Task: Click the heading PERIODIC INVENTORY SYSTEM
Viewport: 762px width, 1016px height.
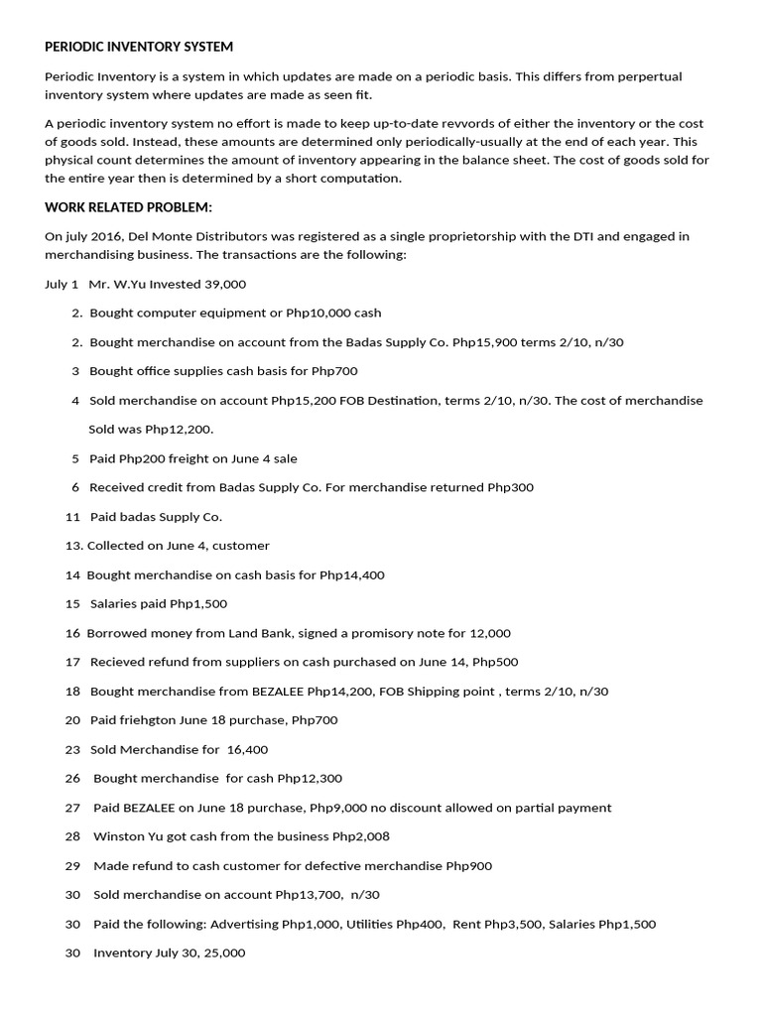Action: [139, 47]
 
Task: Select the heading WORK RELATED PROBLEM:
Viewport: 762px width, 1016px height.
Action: [129, 207]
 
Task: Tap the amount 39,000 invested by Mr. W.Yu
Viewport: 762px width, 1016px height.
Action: [225, 284]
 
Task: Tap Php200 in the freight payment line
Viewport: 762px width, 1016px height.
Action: [143, 458]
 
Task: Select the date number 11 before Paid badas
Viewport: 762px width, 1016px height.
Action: [71, 517]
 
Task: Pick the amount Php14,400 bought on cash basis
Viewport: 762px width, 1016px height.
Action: [352, 574]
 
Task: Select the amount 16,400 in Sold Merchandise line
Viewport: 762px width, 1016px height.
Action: [247, 749]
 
